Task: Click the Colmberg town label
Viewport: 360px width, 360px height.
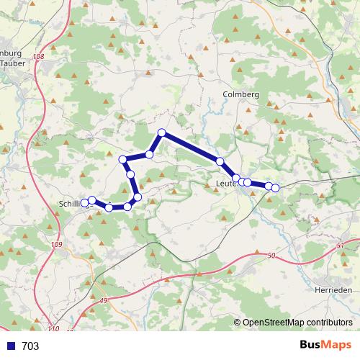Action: [x=240, y=94]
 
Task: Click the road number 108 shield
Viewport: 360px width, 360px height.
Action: [x=38, y=56]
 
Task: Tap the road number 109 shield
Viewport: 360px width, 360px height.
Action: [x=57, y=246]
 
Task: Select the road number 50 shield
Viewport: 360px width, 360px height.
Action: [x=271, y=256]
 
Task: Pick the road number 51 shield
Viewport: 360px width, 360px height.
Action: [x=340, y=246]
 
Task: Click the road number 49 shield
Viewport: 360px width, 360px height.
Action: [x=103, y=300]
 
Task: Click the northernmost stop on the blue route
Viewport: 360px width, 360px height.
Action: [x=162, y=132]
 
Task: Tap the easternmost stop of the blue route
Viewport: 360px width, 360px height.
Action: [x=275, y=188]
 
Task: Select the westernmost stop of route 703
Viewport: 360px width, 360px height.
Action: [x=85, y=203]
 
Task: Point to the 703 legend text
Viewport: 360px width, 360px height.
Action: [x=30, y=346]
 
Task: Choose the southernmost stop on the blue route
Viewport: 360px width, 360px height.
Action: [x=109, y=207]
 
